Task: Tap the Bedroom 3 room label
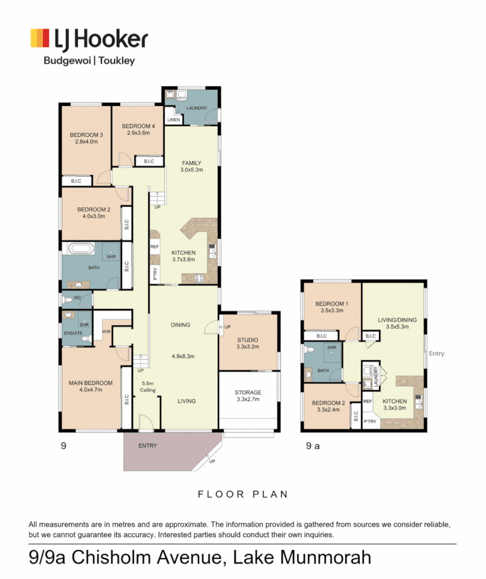pos(86,135)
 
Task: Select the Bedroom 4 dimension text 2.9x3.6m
pos(138,133)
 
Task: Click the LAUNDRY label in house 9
pos(197,108)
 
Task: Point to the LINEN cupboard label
pos(173,120)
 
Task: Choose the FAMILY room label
pos(191,163)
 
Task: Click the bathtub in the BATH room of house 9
pos(82,249)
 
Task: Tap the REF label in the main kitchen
pos(154,247)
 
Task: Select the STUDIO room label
pos(248,339)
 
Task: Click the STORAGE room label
pos(248,392)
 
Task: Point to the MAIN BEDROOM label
pos(91,383)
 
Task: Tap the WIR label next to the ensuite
pos(106,332)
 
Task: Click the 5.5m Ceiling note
pos(148,387)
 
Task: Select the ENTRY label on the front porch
pos(147,446)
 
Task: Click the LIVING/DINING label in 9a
pos(397,320)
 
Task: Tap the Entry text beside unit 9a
pos(437,353)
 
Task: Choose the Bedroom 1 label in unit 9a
pos(331,304)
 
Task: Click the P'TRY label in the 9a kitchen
pos(370,421)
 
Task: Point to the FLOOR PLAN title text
pos(243,494)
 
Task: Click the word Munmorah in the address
pos(320,558)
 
